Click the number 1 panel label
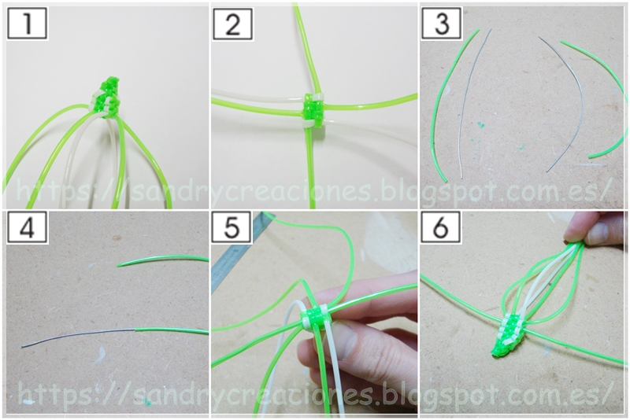27,24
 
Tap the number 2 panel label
232,24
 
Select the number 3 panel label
442,24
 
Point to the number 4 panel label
27,228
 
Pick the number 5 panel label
232,228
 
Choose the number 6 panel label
441,228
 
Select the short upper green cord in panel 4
163,260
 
